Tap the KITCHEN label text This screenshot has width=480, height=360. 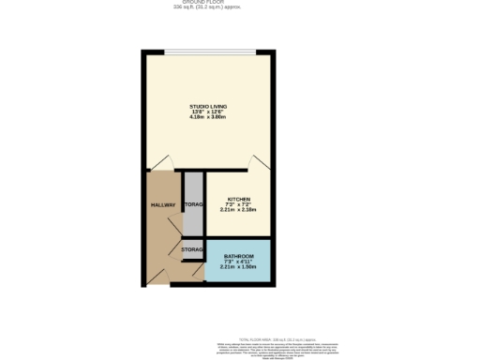pos(238,200)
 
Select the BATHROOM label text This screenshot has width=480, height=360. pos(238,255)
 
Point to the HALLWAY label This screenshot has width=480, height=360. pos(163,204)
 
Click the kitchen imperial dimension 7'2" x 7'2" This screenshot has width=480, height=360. pos(238,205)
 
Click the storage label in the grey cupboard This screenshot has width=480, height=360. pos(193,204)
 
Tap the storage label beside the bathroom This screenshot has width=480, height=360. pos(193,249)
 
